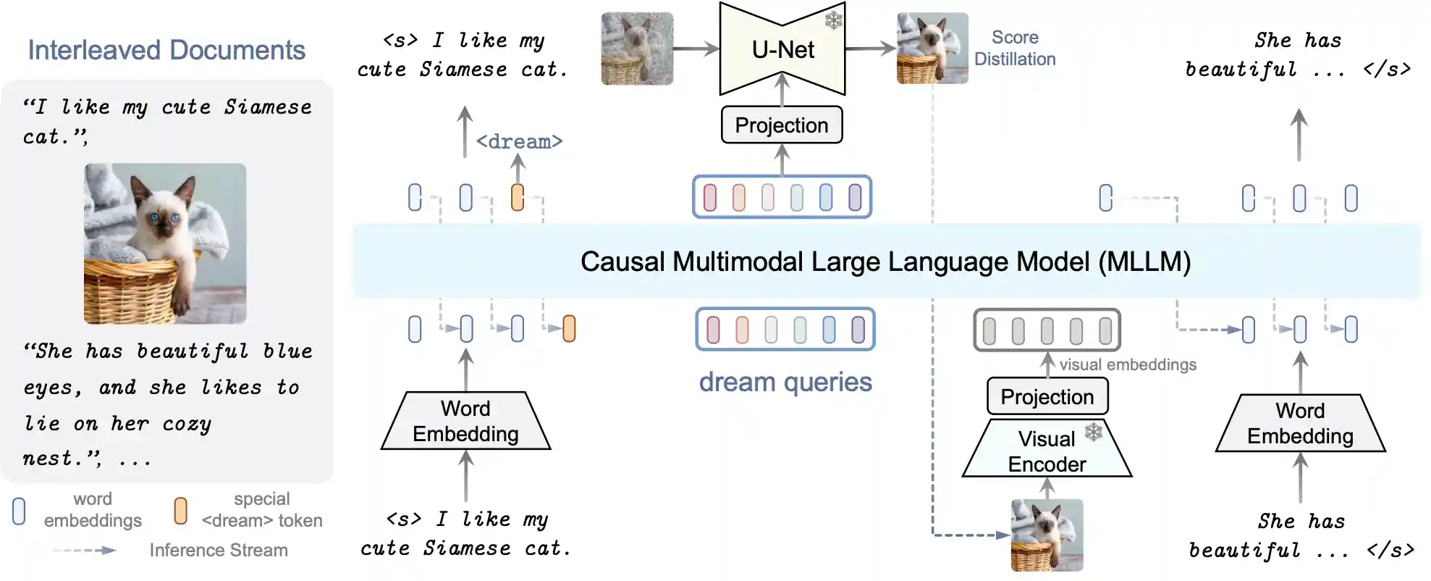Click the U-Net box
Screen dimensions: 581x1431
pyautogui.click(x=782, y=49)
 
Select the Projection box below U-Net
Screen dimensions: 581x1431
pyautogui.click(x=782, y=125)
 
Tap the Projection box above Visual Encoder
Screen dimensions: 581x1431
pyautogui.click(x=1047, y=396)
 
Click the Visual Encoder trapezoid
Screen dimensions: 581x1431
pyautogui.click(x=1047, y=451)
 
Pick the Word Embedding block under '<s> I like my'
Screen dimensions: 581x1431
pyautogui.click(x=465, y=421)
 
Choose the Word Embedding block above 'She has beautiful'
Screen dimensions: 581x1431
pyautogui.click(x=1300, y=423)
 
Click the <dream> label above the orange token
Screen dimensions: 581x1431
pyautogui.click(x=519, y=141)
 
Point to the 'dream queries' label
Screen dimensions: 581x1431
pyautogui.click(x=785, y=382)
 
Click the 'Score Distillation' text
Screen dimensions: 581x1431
pyautogui.click(x=1015, y=48)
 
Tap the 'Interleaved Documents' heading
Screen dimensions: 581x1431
pyautogui.click(x=166, y=50)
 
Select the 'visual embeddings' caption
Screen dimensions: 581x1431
pyautogui.click(x=1128, y=364)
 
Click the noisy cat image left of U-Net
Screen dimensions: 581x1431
pyautogui.click(x=637, y=49)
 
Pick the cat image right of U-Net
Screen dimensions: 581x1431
pyautogui.click(x=932, y=49)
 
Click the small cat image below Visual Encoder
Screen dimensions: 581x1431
pyautogui.click(x=1047, y=535)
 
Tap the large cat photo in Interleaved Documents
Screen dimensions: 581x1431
pyautogui.click(x=165, y=243)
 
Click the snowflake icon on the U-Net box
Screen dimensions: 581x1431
pyautogui.click(x=834, y=20)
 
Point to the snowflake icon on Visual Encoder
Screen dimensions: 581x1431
pyautogui.click(x=1093, y=432)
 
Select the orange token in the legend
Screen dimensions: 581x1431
pyautogui.click(x=181, y=511)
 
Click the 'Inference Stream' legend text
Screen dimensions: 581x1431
pyautogui.click(x=219, y=551)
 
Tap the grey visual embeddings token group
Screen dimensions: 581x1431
pyautogui.click(x=1047, y=330)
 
